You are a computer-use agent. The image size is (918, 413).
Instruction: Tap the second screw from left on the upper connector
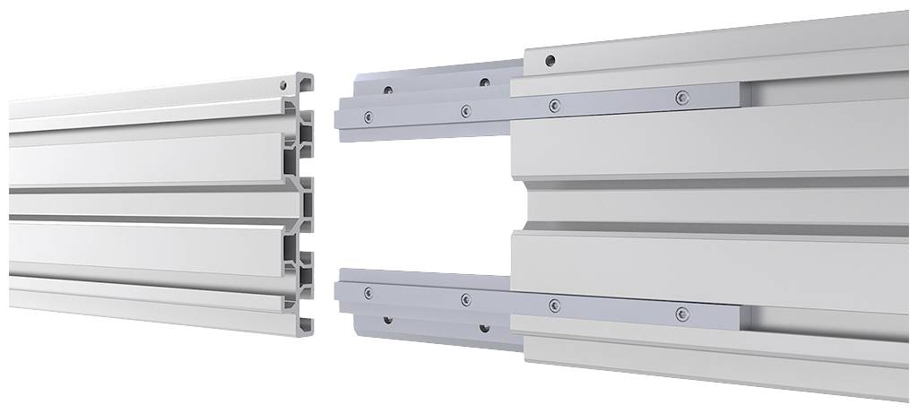(465, 111)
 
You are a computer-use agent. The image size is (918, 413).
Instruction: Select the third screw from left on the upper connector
(555, 105)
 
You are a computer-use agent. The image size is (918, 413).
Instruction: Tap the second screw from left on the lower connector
(465, 298)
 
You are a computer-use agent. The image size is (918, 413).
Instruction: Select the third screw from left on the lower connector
(554, 305)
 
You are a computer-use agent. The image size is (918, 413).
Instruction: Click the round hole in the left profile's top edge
(284, 85)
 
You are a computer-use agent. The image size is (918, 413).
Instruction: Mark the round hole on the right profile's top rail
(550, 61)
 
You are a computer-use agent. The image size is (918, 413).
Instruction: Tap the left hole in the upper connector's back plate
(388, 90)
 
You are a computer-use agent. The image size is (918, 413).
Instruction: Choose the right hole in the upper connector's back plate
(484, 82)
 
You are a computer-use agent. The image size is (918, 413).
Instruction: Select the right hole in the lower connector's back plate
(484, 329)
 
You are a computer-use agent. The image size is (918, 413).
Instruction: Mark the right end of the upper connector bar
(736, 91)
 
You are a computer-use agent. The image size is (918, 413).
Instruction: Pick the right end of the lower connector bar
(736, 316)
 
